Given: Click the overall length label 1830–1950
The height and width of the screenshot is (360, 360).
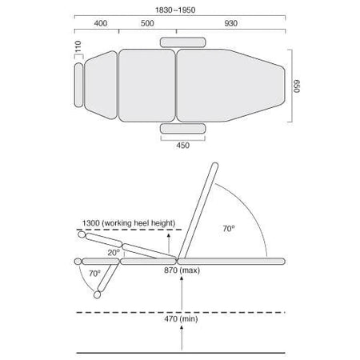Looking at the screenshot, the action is pyautogui.click(x=175, y=10).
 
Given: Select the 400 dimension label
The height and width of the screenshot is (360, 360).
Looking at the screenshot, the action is pyautogui.click(x=101, y=23).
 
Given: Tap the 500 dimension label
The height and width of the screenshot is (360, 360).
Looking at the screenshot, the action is pyautogui.click(x=147, y=23).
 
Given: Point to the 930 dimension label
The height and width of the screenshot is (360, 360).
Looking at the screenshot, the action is pyautogui.click(x=231, y=23).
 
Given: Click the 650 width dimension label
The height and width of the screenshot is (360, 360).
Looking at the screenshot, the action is pyautogui.click(x=296, y=86).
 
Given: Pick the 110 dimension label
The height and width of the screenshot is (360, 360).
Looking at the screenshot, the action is pyautogui.click(x=78, y=46).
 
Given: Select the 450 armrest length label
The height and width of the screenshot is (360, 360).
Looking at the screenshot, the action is pyautogui.click(x=183, y=146).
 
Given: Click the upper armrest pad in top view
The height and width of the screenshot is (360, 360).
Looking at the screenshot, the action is pyautogui.click(x=183, y=42).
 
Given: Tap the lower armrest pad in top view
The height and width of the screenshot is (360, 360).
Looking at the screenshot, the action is pyautogui.click(x=183, y=129).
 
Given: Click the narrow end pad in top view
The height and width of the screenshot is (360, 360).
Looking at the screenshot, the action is pyautogui.click(x=78, y=85).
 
